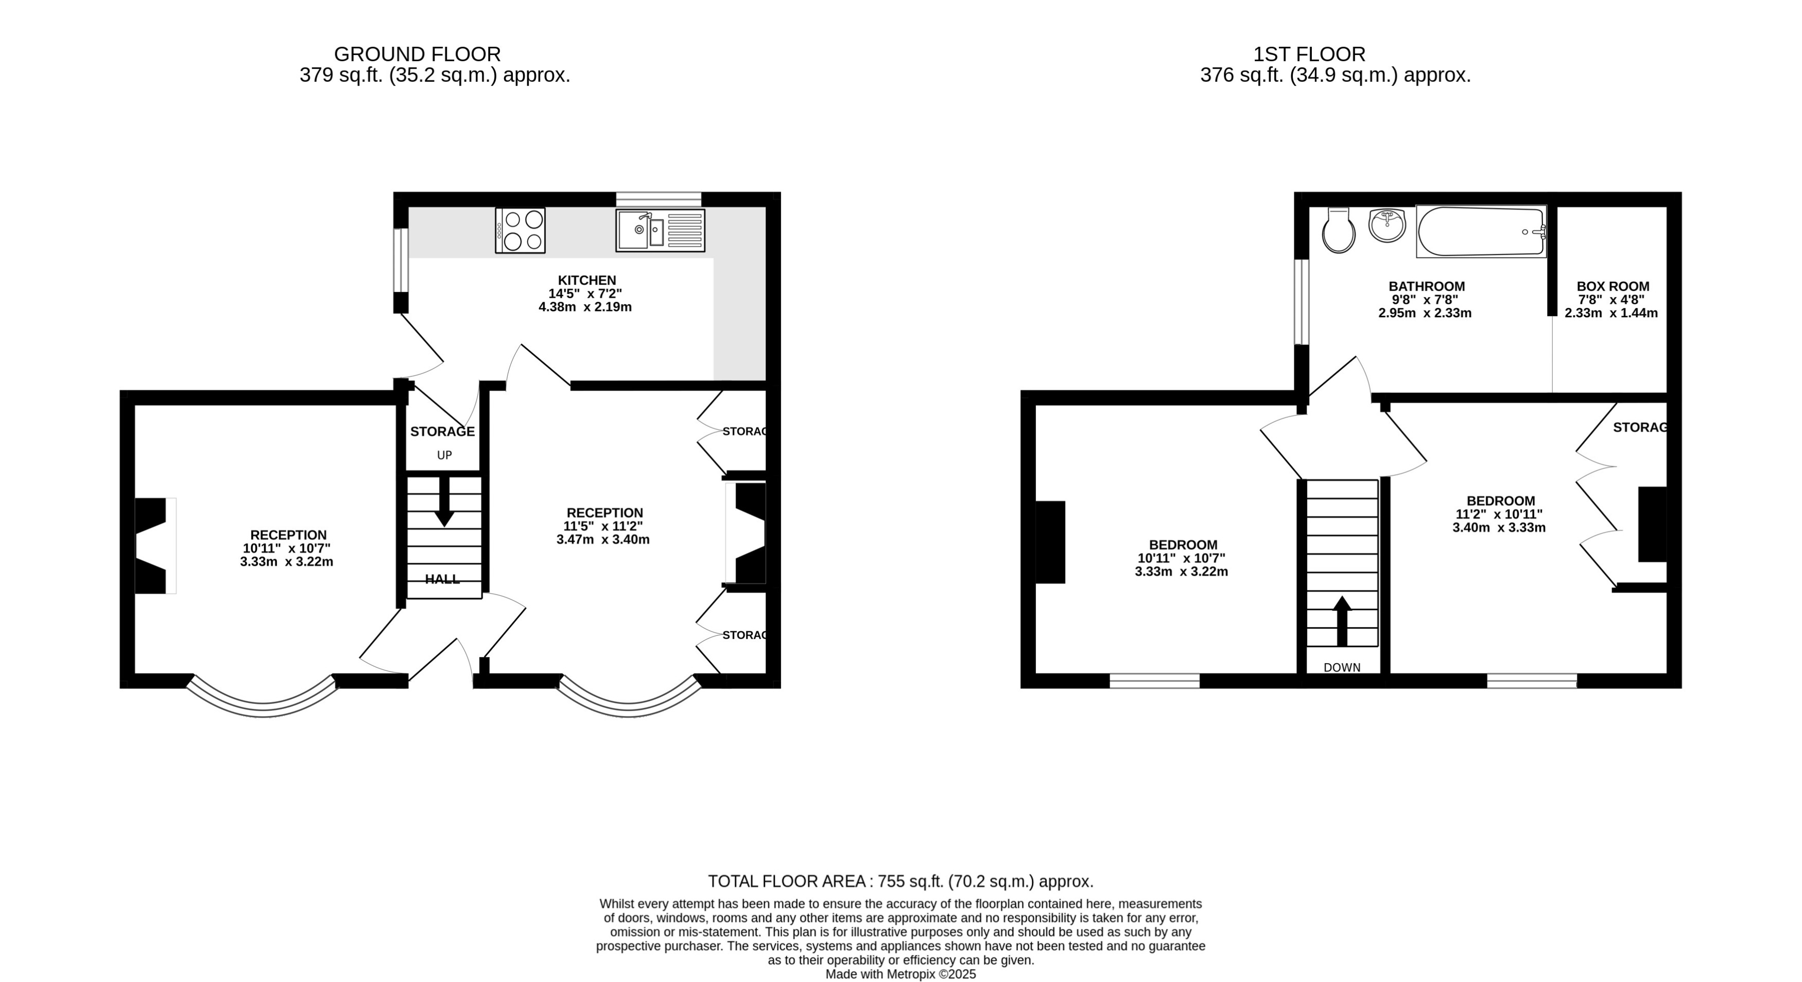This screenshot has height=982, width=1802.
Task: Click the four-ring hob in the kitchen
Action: [x=520, y=230]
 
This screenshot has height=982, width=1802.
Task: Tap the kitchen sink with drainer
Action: [x=660, y=230]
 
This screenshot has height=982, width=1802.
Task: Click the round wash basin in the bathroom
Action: [x=1387, y=225]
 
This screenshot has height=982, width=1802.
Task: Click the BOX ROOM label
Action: [x=1613, y=286]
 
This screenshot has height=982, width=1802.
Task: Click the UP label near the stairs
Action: [x=444, y=455]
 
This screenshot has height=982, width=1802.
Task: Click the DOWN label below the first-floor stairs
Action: [x=1342, y=667]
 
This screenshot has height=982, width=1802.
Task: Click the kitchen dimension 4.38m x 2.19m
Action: [x=585, y=307]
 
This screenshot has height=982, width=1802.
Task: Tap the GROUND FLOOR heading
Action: [x=417, y=54]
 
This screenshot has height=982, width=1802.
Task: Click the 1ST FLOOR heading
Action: [x=1308, y=54]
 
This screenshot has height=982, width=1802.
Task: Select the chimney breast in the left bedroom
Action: [x=1049, y=542]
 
